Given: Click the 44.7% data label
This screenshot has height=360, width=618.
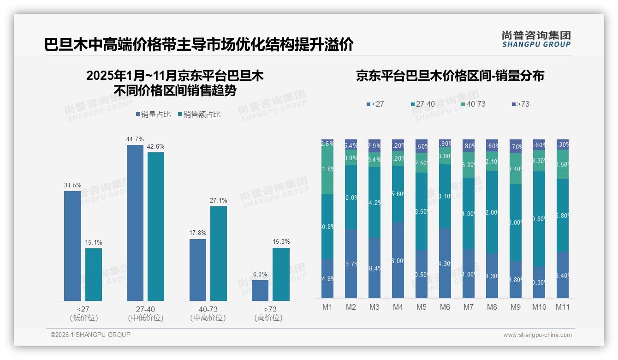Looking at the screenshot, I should click(x=135, y=139).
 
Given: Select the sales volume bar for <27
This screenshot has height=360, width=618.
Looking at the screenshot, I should click(x=72, y=246).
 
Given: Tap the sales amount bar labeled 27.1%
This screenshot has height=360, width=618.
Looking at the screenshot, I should click(x=218, y=253).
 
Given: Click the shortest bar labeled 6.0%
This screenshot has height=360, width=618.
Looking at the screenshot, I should click(x=260, y=290).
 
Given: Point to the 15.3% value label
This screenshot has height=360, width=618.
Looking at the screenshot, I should click(x=281, y=242).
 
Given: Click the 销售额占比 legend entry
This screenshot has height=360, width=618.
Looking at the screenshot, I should click(x=199, y=114).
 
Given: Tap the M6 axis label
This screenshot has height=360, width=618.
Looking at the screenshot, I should click(x=445, y=307).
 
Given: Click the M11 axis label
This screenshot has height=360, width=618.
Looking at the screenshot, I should click(x=562, y=307).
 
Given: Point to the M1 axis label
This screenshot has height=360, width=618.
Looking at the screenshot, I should click(x=327, y=307).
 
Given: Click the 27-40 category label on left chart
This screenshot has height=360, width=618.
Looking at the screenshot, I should click(x=145, y=309).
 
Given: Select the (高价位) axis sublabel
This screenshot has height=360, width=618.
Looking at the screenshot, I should click(x=268, y=318).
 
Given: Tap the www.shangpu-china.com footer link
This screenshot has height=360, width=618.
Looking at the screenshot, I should click(x=537, y=335).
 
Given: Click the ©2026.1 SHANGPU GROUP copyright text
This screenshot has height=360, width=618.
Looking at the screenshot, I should click(x=90, y=335).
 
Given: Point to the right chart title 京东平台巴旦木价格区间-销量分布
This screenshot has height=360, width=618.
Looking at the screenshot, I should click(x=450, y=76).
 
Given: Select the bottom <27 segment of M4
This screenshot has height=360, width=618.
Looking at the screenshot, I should click(x=398, y=260).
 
